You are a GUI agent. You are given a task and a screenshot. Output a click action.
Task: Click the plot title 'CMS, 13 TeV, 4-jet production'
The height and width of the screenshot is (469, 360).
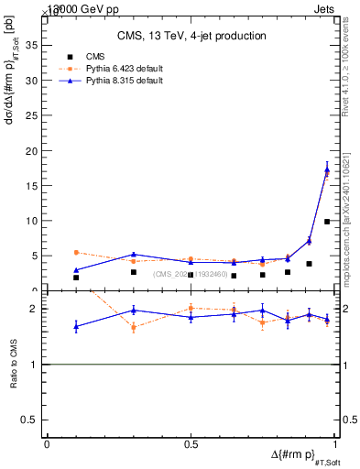pos(192,36)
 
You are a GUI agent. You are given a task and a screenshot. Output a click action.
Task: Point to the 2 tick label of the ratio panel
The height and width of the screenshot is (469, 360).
pos(35,309)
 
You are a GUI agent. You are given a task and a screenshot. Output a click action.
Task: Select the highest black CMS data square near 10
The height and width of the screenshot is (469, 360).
pos(327,222)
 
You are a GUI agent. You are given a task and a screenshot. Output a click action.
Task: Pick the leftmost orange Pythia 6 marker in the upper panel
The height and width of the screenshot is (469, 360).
pos(76,252)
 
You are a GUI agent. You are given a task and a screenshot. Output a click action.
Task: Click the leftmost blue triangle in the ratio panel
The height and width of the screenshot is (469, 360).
pos(76,326)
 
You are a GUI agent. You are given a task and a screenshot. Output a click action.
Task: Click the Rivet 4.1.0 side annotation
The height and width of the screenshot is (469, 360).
pos(349,69)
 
